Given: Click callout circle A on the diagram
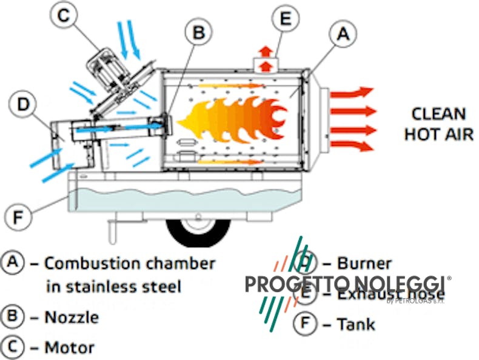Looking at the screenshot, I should tap(342, 35).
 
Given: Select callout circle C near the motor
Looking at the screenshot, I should tap(63, 16).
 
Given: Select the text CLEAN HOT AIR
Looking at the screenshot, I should tap(438, 124).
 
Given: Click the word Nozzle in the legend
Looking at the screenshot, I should tap(72, 317).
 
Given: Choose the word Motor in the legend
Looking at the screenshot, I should tap(70, 348).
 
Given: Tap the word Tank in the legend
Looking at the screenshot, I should tap(357, 324).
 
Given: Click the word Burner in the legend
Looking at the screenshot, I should tap(364, 264).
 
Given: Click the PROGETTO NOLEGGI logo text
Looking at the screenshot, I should tap(346, 284).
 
